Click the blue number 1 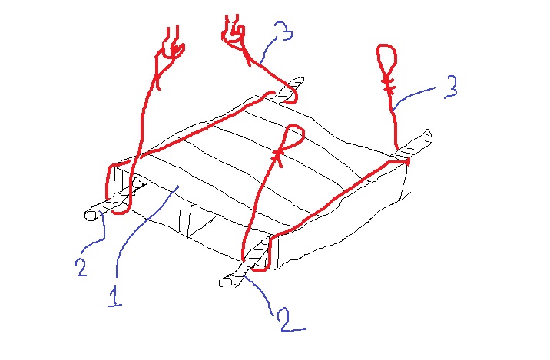pos(115,296)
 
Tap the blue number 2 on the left pos(81,266)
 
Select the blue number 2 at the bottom pos(290,319)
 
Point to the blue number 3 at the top pos(283,31)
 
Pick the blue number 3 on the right pos(451,87)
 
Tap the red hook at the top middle pos(234,31)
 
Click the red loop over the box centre pos(294,137)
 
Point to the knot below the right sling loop pos(389,85)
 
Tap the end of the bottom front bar pos(227,282)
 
